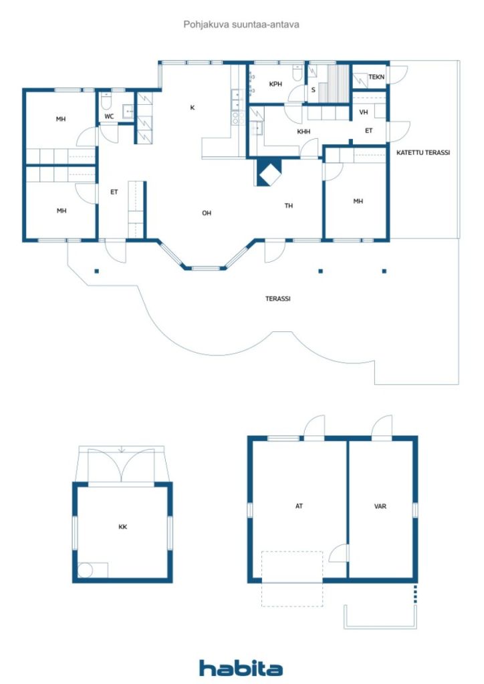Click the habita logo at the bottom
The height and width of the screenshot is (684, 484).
click(x=241, y=668)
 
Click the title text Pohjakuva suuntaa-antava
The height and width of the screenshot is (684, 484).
click(x=241, y=25)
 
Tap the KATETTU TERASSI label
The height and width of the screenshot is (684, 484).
click(x=423, y=153)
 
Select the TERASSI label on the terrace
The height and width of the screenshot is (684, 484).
click(x=278, y=299)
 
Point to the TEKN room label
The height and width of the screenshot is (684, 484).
click(x=376, y=77)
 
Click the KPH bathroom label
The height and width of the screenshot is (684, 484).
click(x=275, y=84)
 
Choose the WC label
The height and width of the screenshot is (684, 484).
click(x=109, y=116)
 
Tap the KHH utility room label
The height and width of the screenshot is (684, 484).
click(x=304, y=132)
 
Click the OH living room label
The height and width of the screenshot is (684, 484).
click(x=207, y=213)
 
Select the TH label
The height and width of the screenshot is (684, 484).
click(x=289, y=206)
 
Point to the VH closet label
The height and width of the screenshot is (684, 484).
click(x=364, y=112)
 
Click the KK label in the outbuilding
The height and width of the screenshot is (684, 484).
click(x=122, y=527)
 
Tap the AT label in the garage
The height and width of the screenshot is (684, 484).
click(x=299, y=506)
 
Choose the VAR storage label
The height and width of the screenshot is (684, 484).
click(x=380, y=506)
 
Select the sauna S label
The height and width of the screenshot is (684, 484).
click(x=313, y=90)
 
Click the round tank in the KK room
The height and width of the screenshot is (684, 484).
click(x=85, y=570)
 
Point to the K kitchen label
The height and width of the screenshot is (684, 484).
click(x=192, y=108)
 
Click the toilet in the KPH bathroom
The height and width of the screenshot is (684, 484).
click(x=297, y=73)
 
